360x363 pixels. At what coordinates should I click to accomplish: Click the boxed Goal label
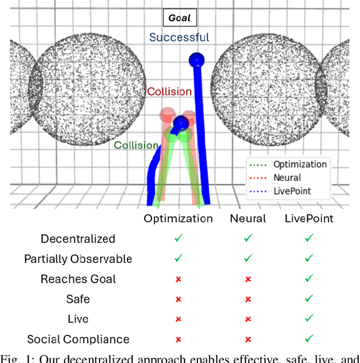pos(179,18)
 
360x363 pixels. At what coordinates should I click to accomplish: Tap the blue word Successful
pos(179,38)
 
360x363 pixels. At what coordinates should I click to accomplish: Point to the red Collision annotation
pos(169,92)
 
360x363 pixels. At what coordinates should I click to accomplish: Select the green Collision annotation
pos(136,145)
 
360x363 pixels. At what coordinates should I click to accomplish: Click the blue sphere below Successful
pos(196,59)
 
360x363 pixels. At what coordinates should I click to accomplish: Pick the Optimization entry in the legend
pos(299,164)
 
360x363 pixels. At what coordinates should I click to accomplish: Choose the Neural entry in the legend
pos(287,178)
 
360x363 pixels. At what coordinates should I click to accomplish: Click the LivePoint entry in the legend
pos(292,191)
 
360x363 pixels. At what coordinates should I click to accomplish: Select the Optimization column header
pos(178,219)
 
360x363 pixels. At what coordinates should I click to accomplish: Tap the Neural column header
pos(248,219)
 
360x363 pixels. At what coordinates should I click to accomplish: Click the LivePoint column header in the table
pos(308,219)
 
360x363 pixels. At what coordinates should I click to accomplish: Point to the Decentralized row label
pos(78,239)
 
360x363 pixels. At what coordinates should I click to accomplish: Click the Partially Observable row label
pos(78,259)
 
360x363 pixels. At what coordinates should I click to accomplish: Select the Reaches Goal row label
pos(78,279)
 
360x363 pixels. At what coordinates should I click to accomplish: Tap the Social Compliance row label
pos(78,339)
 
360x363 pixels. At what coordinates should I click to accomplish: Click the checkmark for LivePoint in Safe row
pos(308,299)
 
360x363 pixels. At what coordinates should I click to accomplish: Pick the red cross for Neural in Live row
pos(248,319)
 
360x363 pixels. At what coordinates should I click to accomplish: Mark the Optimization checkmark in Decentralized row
pos(178,239)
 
